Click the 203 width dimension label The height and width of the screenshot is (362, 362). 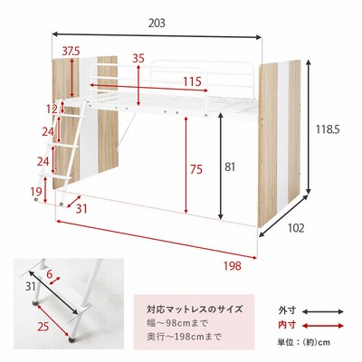157,23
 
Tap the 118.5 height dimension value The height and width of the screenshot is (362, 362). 328,129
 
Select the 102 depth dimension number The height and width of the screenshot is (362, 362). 296,228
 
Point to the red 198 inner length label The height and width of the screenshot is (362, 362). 233,266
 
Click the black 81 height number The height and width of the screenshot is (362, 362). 230,167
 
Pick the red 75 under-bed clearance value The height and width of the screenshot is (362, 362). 196,169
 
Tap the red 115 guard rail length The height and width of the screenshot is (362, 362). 193,81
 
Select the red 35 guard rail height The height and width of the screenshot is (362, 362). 138,58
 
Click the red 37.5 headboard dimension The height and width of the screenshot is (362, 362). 71,52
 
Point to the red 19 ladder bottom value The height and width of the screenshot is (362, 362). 35,191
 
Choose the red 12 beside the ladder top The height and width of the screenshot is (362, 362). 52,109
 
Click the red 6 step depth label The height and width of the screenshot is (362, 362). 50,274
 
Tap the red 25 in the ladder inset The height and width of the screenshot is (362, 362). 43,326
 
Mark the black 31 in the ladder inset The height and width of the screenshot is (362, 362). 31,286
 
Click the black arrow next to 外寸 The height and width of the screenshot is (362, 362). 323,311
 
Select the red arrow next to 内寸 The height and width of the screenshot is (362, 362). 323,326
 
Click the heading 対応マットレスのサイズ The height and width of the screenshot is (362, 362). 195,310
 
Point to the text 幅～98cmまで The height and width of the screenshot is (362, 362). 177,324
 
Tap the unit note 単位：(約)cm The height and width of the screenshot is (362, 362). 303,342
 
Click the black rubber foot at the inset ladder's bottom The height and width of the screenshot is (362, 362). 72,339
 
